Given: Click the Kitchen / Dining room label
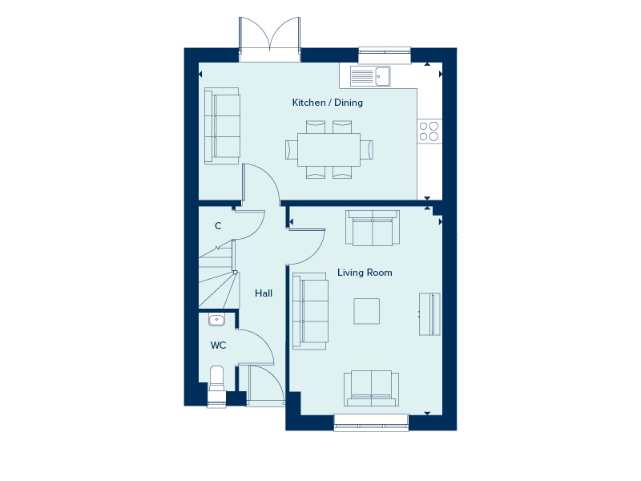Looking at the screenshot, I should pyautogui.click(x=327, y=103).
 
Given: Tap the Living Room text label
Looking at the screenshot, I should pyautogui.click(x=365, y=273).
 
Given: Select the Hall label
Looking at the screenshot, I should pyautogui.click(x=264, y=293).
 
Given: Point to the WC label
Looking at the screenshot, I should pyautogui.click(x=218, y=346).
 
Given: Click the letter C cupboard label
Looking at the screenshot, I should pyautogui.click(x=218, y=227).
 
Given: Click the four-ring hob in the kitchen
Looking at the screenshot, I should pyautogui.click(x=429, y=131).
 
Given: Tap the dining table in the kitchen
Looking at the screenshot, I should pyautogui.click(x=329, y=149).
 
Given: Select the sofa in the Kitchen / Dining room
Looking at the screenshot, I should pyautogui.click(x=222, y=127).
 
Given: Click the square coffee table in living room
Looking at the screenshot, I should pyautogui.click(x=368, y=311).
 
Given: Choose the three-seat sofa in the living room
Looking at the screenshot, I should pyautogui.click(x=310, y=311).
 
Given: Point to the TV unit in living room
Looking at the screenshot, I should pyautogui.click(x=429, y=314).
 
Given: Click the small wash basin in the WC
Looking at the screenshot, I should pyautogui.click(x=216, y=320).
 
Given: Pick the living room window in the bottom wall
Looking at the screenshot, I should pyautogui.click(x=371, y=422).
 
